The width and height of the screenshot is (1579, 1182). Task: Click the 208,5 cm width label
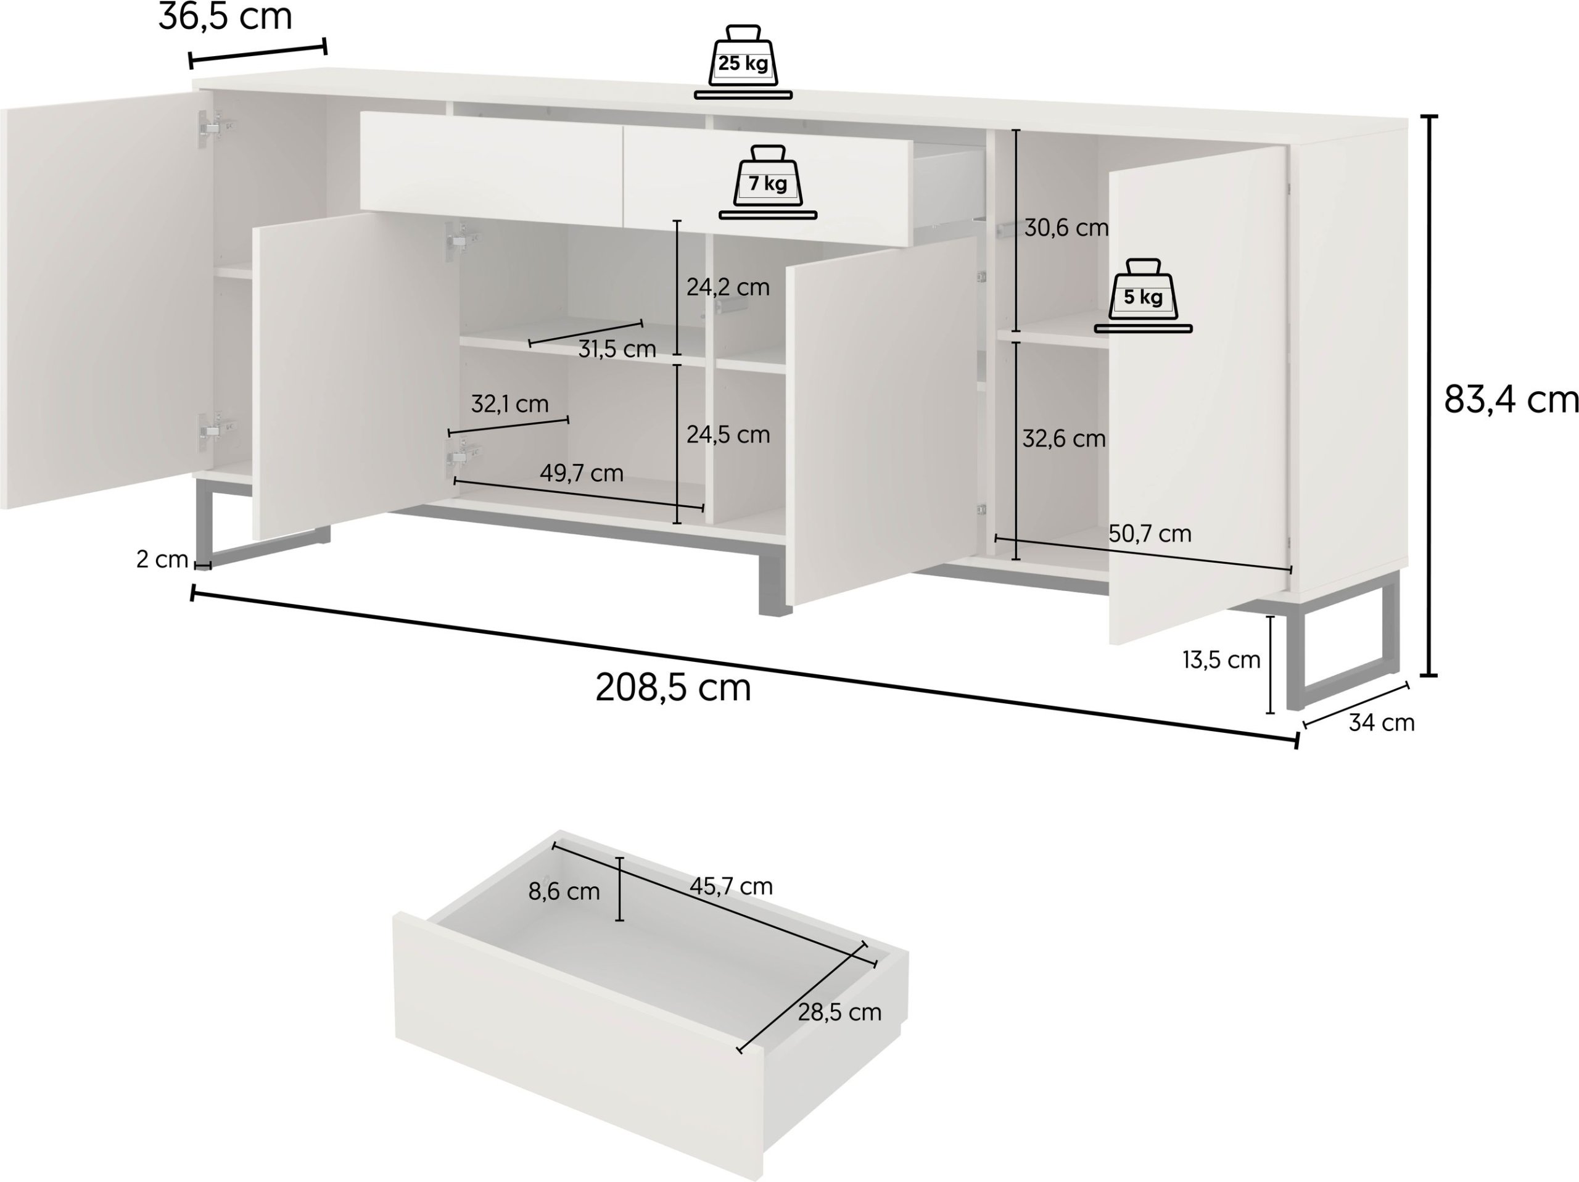coord(673,688)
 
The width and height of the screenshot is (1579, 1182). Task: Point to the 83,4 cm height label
coord(1511,400)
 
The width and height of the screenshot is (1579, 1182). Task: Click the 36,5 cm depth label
coord(225,17)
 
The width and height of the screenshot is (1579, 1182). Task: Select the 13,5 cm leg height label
coord(1221,660)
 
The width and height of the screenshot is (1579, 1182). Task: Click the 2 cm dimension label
coord(162,560)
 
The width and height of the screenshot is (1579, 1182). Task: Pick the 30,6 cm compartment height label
coord(1066,228)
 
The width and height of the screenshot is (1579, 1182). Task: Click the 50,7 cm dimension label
coord(1150,533)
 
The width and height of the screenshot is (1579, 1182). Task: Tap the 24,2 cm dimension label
coord(728,287)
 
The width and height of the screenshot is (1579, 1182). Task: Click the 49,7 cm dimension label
coord(581,473)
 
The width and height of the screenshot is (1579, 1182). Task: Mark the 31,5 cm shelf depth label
coord(617,349)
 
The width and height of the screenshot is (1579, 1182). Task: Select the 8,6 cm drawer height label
coord(564,891)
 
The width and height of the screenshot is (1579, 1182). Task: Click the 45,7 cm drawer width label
coord(731,886)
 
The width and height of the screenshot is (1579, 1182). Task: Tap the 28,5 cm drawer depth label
coord(839,1012)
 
